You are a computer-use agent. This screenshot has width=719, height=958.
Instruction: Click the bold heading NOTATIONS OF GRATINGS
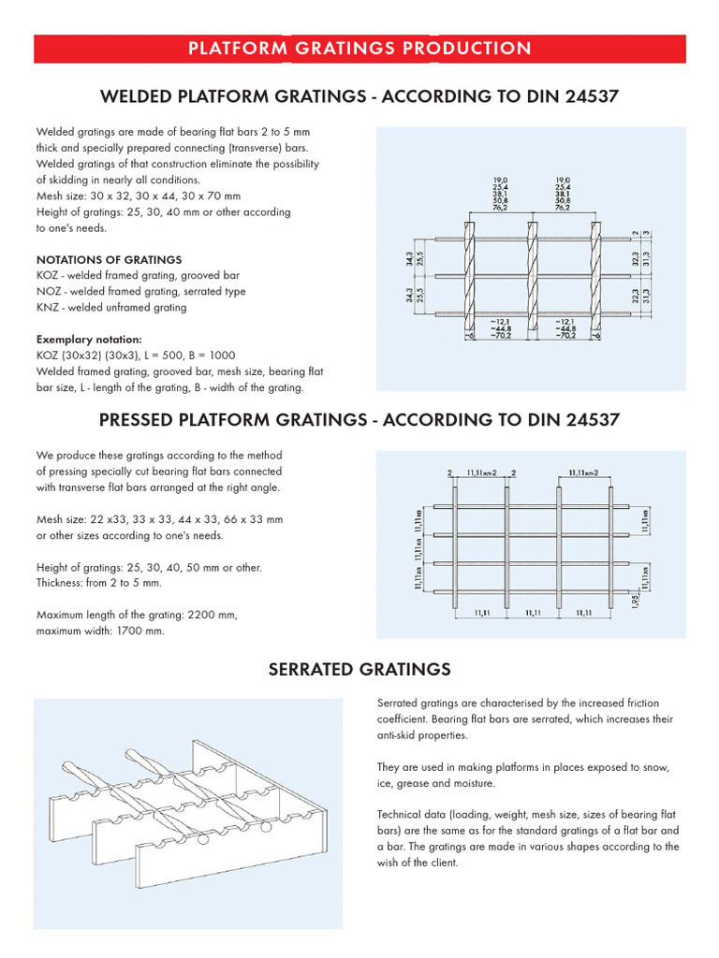[109, 259]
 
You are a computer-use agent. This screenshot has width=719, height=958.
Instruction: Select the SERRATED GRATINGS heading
[359, 669]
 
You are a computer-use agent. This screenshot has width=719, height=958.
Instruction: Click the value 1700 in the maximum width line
[117, 631]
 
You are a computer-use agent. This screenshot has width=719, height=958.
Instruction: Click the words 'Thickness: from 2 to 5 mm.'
[98, 583]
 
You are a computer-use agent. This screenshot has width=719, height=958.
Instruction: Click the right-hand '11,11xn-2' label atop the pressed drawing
[588, 474]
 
